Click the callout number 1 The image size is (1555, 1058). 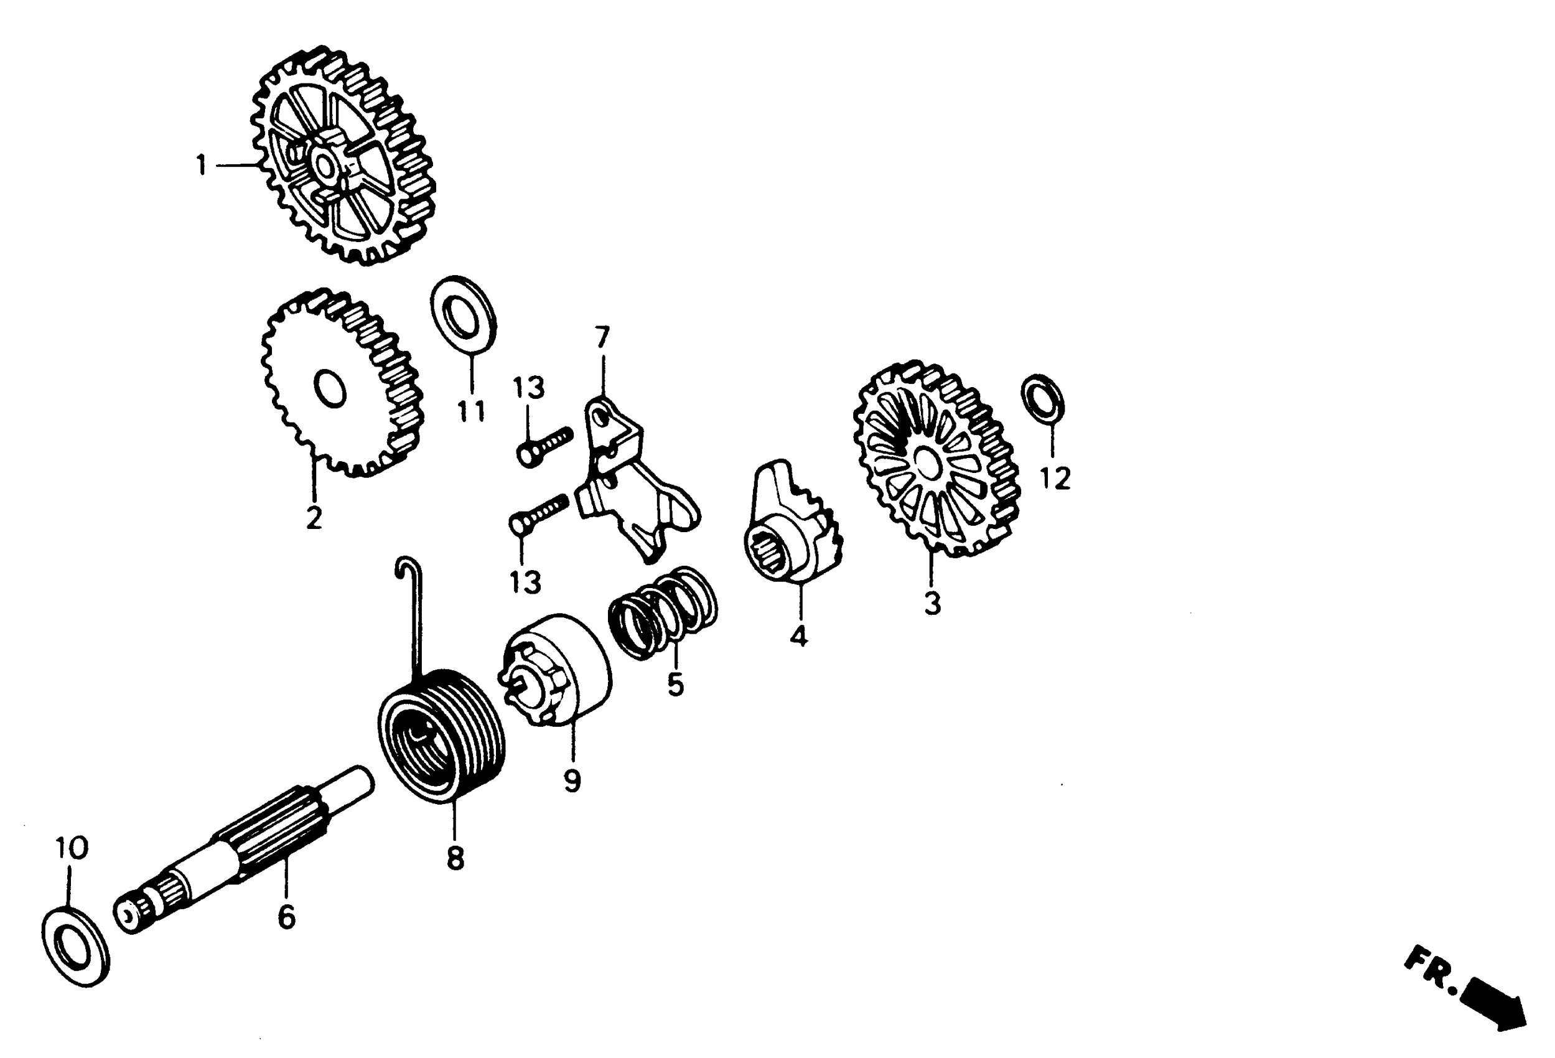click(x=201, y=165)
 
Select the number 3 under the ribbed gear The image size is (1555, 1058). click(x=932, y=604)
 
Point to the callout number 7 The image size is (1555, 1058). click(x=602, y=337)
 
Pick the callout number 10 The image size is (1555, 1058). click(x=72, y=848)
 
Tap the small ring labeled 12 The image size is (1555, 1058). click(x=1042, y=399)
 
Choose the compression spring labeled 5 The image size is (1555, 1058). click(x=663, y=613)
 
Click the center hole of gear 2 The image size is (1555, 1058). click(x=329, y=389)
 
